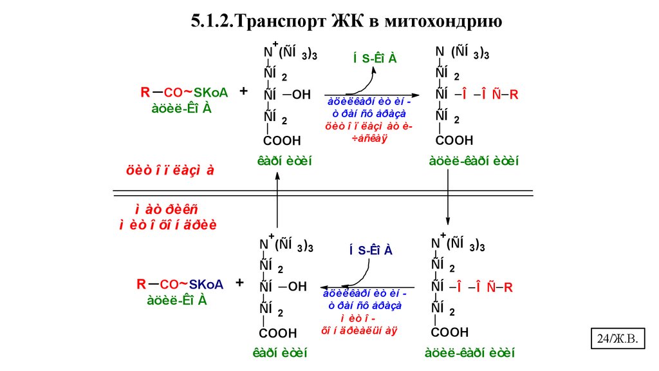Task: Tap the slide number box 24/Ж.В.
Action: click(618, 338)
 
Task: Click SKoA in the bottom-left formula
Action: click(207, 284)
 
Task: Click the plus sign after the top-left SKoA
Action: click(244, 92)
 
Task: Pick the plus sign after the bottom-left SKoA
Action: click(240, 283)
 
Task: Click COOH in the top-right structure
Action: click(454, 140)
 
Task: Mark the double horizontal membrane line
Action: click(322, 192)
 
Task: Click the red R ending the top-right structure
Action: click(514, 95)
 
